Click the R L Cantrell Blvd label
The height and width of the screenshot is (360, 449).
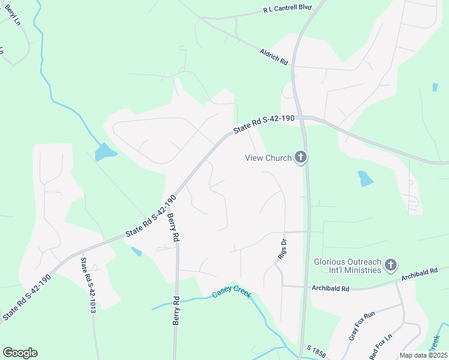(288, 10)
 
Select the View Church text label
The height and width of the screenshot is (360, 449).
(268, 158)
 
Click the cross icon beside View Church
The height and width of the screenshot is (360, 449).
(301, 158)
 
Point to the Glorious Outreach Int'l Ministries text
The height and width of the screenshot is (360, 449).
(348, 266)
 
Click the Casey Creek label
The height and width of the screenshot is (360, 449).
(231, 295)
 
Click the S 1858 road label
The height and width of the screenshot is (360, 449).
(316, 350)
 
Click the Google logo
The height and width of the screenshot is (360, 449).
(20, 353)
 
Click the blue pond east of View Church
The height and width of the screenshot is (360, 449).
(365, 178)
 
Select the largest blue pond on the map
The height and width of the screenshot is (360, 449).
(104, 152)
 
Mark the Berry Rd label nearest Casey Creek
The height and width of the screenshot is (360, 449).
(176, 311)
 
